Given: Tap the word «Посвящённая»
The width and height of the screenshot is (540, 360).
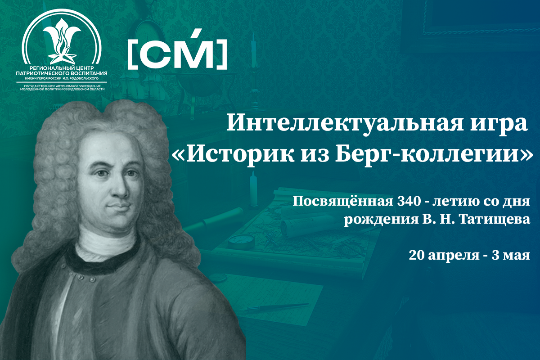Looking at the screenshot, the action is coord(343,202).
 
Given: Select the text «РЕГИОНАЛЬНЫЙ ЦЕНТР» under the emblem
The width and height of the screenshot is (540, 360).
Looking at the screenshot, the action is coord(62,68).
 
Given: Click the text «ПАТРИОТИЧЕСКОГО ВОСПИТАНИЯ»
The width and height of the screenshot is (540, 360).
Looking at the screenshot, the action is coord(62,73).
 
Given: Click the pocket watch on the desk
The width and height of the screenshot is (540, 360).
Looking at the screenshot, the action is coord(241,239).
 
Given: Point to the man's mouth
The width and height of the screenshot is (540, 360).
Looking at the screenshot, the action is coord(120,206).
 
